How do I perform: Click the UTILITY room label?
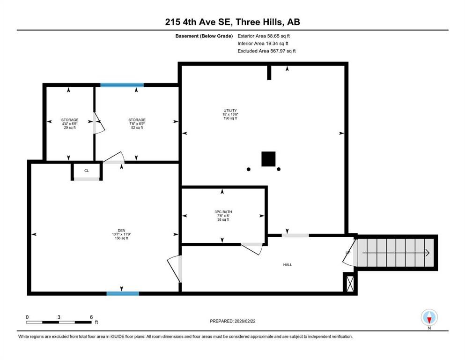pos(230,111)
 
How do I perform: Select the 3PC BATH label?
pos(222,211)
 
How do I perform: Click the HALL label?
pos(287,265)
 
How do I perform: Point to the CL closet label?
pos(87,171)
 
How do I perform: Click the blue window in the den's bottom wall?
pos(123,293)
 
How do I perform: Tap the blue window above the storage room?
pos(122,85)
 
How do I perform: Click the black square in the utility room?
pos(268,159)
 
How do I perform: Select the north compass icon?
pos(429,318)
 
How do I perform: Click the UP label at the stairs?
pos(348,253)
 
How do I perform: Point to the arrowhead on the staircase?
pos(427,253)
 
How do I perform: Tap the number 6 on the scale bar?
pos(91,317)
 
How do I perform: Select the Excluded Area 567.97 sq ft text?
pos(266,51)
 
